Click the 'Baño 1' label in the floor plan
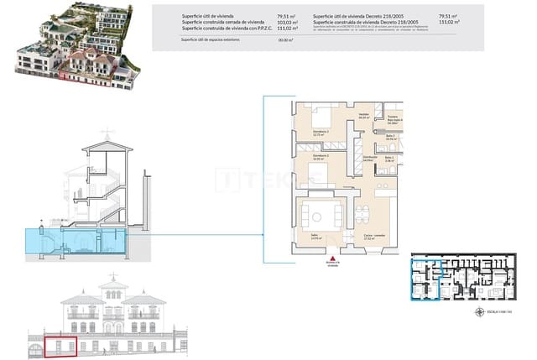(x=390, y=158)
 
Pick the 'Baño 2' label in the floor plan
(x=391, y=136)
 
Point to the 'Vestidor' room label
(x=364, y=116)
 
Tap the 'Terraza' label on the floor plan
(x=392, y=117)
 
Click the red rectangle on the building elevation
(x=60, y=347)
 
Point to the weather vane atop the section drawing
(x=105, y=134)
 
